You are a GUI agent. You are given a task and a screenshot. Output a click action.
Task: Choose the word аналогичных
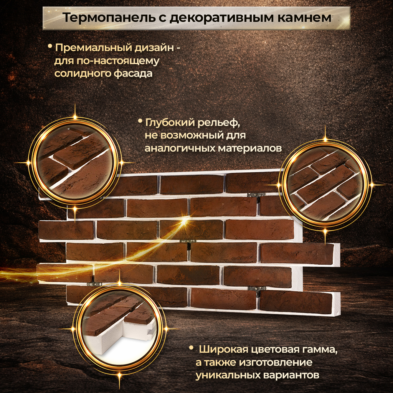(x=179, y=148)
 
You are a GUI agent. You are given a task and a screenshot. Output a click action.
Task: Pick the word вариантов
(x=292, y=375)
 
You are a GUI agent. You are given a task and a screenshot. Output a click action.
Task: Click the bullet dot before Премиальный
(x=50, y=47)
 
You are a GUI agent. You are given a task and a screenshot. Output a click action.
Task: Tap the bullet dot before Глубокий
(x=140, y=121)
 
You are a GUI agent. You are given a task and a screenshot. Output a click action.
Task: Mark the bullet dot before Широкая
(x=191, y=348)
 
